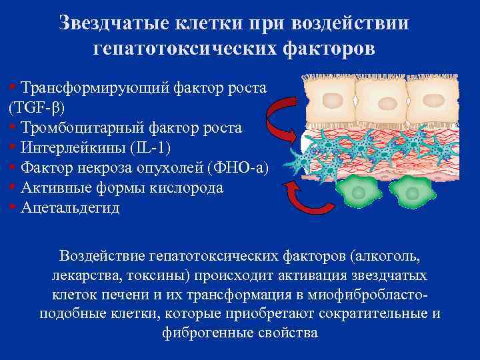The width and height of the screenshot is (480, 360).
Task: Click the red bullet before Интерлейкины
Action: pyautogui.click(x=13, y=146)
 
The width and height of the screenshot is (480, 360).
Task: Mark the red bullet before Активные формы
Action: pyautogui.click(x=13, y=186)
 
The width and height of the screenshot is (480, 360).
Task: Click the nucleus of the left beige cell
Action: pyautogui.click(x=330, y=101)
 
